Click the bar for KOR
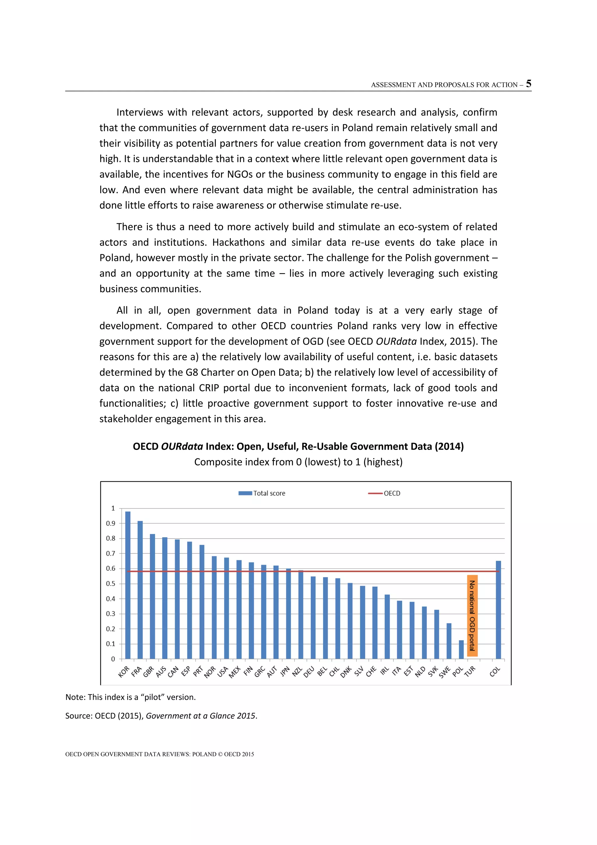click(x=128, y=585)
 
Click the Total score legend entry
click(x=269, y=493)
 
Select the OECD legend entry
click(x=391, y=493)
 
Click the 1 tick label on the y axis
click(x=113, y=508)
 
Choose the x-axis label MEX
click(x=235, y=672)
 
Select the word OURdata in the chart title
click(x=182, y=446)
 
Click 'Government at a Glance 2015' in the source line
click(x=200, y=715)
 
